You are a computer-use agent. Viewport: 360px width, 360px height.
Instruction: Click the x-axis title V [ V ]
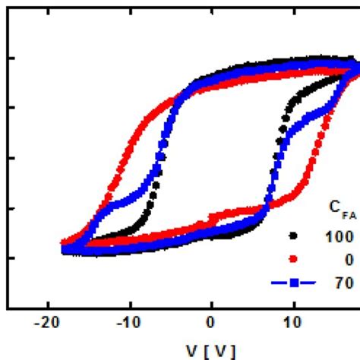[x=210, y=352]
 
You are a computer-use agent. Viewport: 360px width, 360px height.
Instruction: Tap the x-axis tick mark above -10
[x=129, y=304]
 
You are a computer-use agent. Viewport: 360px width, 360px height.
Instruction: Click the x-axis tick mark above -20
[x=47, y=304]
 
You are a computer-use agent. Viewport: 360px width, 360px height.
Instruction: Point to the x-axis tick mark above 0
[x=211, y=304]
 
